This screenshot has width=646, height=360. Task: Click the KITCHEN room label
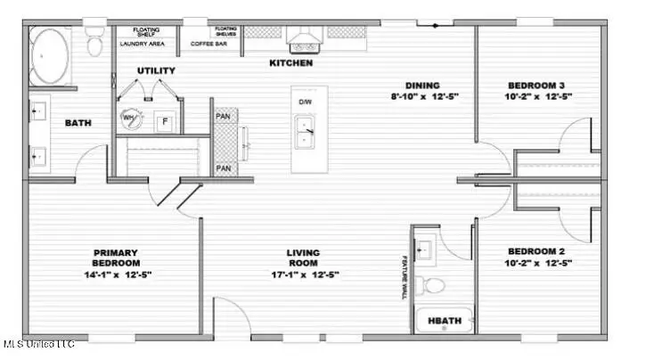[x=290, y=63]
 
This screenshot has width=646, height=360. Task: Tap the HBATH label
[x=443, y=320]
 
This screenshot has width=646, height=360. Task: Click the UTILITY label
[x=156, y=70]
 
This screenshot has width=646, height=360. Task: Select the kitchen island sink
[x=306, y=133]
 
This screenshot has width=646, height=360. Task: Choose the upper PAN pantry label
[x=224, y=116]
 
